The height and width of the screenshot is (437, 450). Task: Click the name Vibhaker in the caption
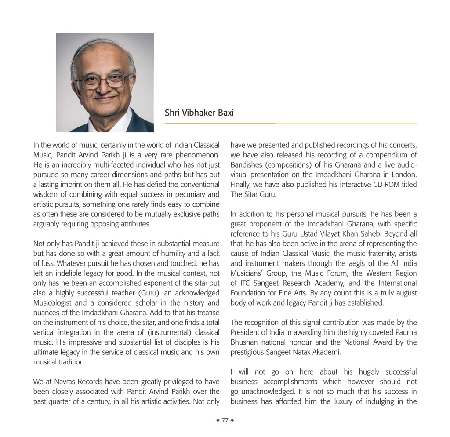pos(199,113)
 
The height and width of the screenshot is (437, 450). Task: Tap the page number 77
pos(225,420)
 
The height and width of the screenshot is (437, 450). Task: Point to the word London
pos(404,175)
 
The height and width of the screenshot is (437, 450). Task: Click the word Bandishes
pos(247,165)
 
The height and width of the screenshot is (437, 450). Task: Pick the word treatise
pos(206,313)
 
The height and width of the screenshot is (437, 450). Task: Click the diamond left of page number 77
pos(218,420)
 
